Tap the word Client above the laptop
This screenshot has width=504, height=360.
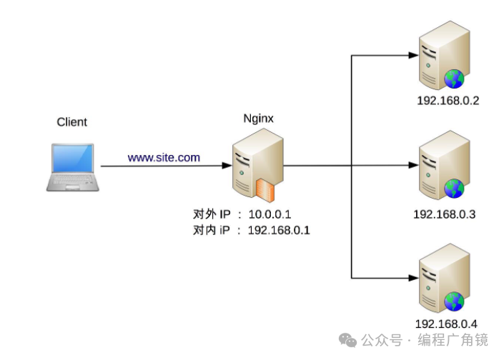coord(71,122)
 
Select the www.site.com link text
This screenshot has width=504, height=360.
coord(164,157)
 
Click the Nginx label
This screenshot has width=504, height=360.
coord(258,121)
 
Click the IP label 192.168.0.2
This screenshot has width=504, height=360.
coord(448,101)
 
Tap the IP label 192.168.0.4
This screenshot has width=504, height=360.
coord(446,324)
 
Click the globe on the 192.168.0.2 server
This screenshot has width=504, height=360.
coord(454,78)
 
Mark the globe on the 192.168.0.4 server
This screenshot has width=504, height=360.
coord(453,301)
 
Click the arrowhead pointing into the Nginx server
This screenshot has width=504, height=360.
coord(223,166)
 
